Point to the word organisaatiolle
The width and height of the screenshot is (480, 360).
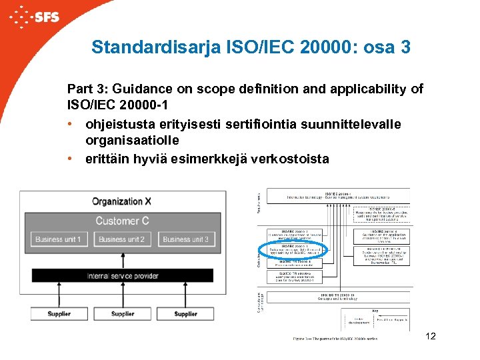click(133, 141)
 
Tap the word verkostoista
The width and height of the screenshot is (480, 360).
click(289, 159)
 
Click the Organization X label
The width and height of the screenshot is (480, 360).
click(121, 201)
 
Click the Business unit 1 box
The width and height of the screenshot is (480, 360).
click(58, 239)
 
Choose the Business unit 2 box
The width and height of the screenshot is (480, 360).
click(121, 239)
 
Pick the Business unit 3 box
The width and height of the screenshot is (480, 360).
click(185, 239)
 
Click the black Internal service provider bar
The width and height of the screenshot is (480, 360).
click(122, 275)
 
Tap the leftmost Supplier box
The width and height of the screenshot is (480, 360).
click(59, 313)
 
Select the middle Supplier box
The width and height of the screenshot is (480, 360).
click(122, 313)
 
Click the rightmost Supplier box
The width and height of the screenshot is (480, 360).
click(185, 313)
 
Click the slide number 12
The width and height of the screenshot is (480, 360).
click(430, 336)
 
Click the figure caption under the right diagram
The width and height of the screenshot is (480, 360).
click(335, 338)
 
